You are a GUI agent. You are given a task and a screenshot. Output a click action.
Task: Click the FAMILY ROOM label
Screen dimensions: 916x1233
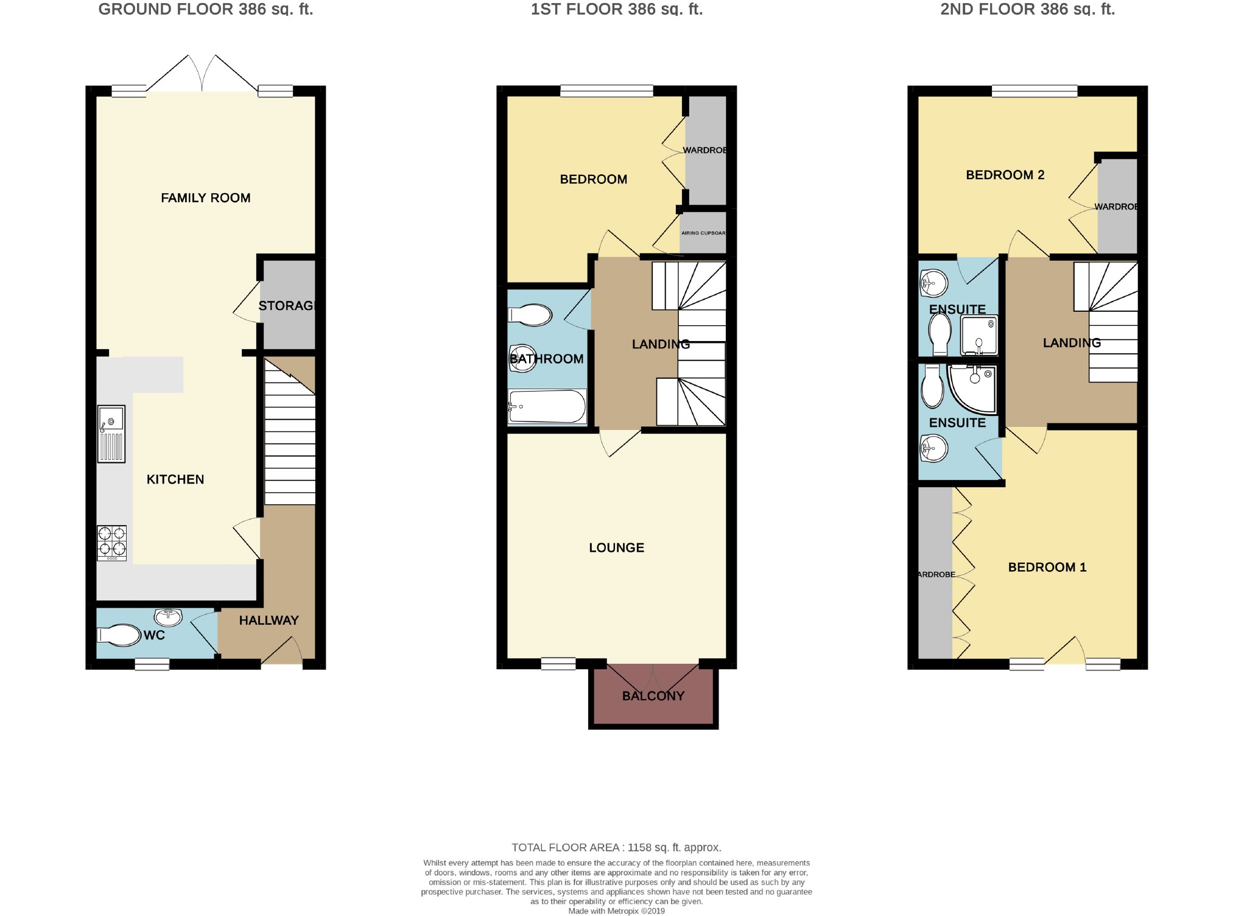[x=205, y=198]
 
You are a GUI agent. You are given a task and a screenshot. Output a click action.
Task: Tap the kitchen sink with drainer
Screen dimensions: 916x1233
[x=111, y=434]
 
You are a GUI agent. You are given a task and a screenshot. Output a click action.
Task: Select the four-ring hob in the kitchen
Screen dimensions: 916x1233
[x=112, y=542]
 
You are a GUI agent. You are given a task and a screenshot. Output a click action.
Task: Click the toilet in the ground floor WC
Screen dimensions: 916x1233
[x=119, y=635]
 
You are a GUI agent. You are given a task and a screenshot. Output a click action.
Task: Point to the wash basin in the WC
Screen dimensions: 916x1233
[x=169, y=617]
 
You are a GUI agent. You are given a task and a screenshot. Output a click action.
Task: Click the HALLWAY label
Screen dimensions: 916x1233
[x=269, y=620]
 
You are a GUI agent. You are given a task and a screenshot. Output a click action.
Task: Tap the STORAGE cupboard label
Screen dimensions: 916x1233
[x=286, y=306]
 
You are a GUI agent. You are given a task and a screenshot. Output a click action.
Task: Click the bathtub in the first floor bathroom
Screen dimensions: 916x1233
[x=547, y=406]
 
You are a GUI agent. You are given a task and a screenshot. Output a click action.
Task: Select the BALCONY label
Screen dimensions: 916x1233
[x=653, y=696]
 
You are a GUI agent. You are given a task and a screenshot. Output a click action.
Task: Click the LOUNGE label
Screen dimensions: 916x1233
[x=616, y=548]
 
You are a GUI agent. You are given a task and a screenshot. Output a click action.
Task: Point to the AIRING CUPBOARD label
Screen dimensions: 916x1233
[x=703, y=233]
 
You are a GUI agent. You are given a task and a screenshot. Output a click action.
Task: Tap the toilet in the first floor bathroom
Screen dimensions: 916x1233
[x=530, y=315]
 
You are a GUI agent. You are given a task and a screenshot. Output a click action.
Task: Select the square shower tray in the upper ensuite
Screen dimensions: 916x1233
[x=979, y=335]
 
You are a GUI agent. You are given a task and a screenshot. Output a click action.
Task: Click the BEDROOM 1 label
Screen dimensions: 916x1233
[x=1047, y=567]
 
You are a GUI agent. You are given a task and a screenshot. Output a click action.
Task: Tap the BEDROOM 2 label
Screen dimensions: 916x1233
[x=1005, y=175]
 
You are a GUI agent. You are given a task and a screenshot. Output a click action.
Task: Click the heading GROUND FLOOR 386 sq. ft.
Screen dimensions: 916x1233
[x=205, y=9]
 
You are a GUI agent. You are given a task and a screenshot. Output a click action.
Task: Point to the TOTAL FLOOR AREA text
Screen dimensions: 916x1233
[x=616, y=847]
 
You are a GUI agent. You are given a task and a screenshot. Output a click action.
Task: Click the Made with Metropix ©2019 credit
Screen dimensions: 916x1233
[x=616, y=911]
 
